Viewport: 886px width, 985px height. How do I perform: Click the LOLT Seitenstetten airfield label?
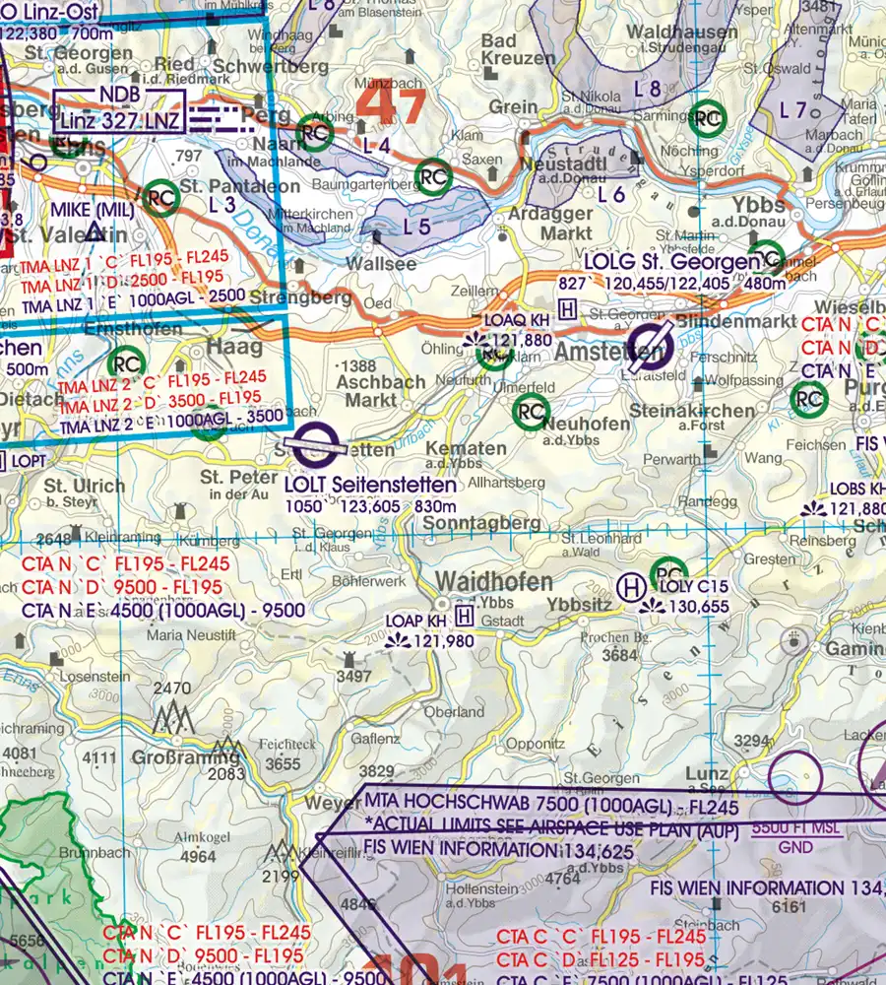click(369, 485)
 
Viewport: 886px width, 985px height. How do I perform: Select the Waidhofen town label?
click(494, 581)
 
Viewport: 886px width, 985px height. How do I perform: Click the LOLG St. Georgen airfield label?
click(670, 263)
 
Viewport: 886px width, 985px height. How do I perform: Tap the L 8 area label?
click(647, 89)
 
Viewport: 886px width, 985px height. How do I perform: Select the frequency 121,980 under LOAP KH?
click(443, 641)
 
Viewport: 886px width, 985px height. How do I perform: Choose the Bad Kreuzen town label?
click(518, 49)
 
